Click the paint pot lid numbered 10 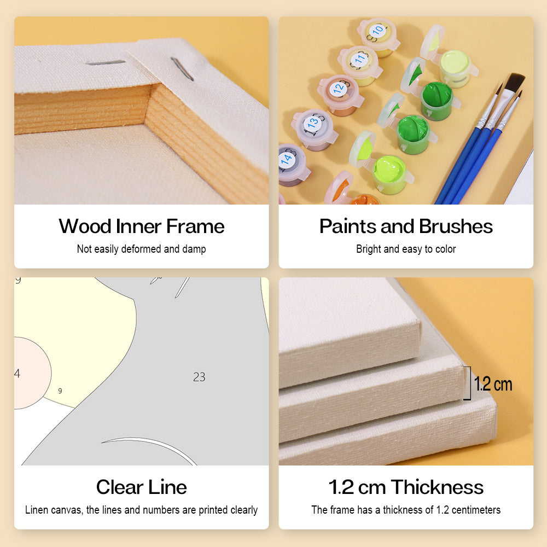pyautogui.click(x=377, y=31)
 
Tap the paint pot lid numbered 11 pyautogui.click(x=359, y=60)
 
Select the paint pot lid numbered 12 pyautogui.click(x=339, y=89)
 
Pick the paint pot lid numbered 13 pyautogui.click(x=312, y=123)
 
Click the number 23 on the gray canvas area pyautogui.click(x=199, y=377)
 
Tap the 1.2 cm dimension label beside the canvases pyautogui.click(x=493, y=384)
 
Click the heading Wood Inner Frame pyautogui.click(x=141, y=226)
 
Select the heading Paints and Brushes pyautogui.click(x=406, y=226)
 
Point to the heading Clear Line pyautogui.click(x=141, y=487)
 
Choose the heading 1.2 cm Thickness pyautogui.click(x=406, y=487)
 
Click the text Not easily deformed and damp pyautogui.click(x=141, y=249)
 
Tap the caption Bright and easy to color pyautogui.click(x=406, y=249)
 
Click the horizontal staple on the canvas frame pyautogui.click(x=106, y=63)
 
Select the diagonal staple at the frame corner pyautogui.click(x=182, y=69)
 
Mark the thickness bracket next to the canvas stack pyautogui.click(x=468, y=383)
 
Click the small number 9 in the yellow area pyautogui.click(x=60, y=391)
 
